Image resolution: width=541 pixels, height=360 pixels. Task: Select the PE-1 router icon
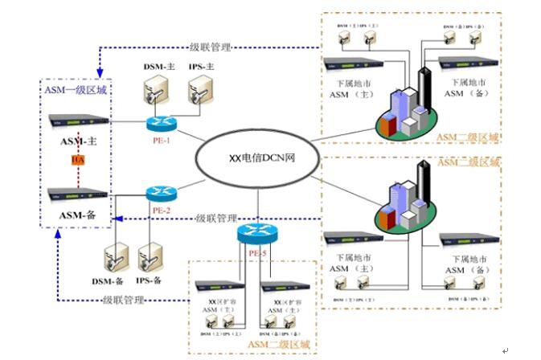coord(160,124)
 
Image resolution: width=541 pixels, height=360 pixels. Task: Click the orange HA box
coord(77,160)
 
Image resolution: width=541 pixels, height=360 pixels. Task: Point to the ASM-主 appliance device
coord(78,121)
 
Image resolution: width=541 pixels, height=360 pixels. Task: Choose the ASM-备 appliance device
coord(78,193)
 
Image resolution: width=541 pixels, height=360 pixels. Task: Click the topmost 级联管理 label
coord(211,46)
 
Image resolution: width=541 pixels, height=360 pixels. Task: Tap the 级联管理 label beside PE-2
coord(217,218)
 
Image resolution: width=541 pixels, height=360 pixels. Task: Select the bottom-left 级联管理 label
coord(124,300)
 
